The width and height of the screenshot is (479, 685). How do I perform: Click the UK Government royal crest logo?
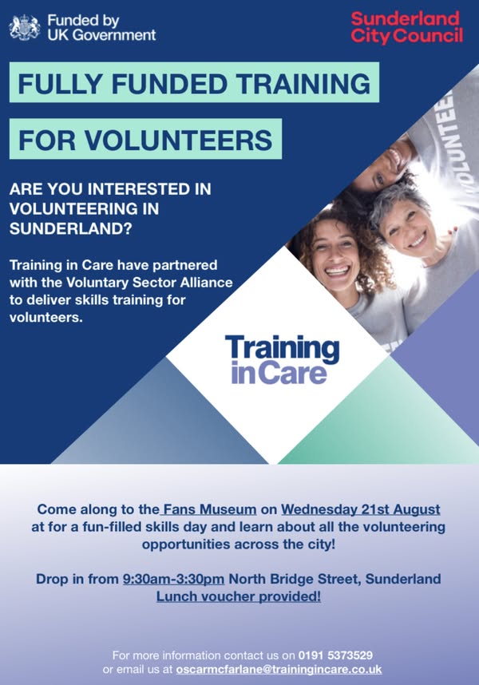[25, 27]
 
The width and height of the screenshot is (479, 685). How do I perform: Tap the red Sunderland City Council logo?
[406, 27]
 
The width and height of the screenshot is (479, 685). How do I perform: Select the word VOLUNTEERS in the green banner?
[178, 140]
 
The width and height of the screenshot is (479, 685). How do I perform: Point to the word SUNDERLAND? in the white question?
[70, 228]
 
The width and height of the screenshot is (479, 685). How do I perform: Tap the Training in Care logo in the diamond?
[282, 359]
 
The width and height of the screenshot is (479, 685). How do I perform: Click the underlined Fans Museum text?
[209, 509]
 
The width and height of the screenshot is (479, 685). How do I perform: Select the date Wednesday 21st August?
[360, 509]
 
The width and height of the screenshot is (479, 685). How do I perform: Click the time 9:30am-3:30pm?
[173, 579]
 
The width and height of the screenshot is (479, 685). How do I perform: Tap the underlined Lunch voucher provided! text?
[239, 596]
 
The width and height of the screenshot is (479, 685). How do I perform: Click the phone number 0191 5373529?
[335, 655]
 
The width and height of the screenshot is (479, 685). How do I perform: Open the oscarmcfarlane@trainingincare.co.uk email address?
[279, 669]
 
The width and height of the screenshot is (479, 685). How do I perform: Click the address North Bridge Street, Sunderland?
[335, 579]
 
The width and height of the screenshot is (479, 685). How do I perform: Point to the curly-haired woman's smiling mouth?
[338, 271]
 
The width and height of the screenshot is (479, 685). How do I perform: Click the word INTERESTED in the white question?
[139, 189]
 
